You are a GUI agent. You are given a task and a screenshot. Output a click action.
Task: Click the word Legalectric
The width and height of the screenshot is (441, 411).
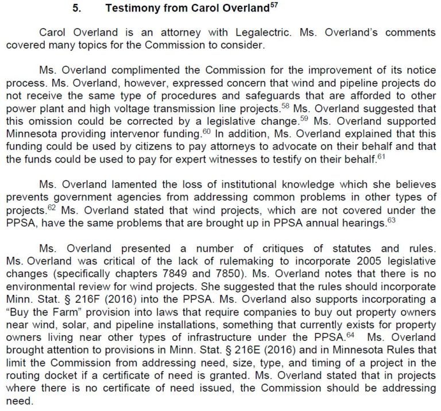point(242,34)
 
